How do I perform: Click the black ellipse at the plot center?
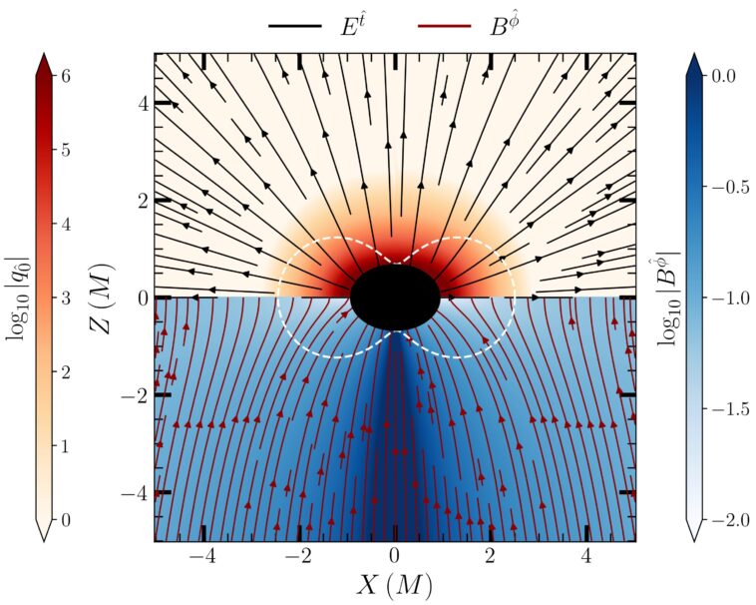395,297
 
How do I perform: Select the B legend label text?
503,27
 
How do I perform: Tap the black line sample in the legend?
294,28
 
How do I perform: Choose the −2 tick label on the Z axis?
135,395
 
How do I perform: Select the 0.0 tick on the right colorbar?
735,76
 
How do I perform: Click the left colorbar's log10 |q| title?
19,297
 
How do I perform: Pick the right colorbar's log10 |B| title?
669,297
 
